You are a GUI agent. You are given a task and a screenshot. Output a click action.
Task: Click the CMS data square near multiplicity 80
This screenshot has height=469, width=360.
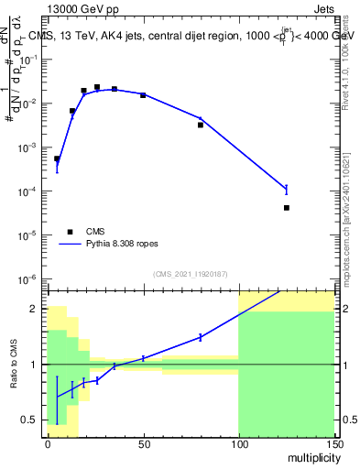click(201, 125)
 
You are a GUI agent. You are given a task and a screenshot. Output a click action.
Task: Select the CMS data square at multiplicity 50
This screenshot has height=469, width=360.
click(143, 95)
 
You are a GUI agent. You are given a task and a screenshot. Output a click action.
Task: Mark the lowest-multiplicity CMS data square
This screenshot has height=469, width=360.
click(57, 158)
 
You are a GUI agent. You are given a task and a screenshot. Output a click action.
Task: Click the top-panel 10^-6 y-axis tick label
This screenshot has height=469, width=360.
click(29, 278)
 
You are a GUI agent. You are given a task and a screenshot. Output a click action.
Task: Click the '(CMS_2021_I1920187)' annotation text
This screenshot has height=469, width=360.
click(191, 274)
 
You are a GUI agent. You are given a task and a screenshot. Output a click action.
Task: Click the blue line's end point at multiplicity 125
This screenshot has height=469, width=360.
click(287, 189)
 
